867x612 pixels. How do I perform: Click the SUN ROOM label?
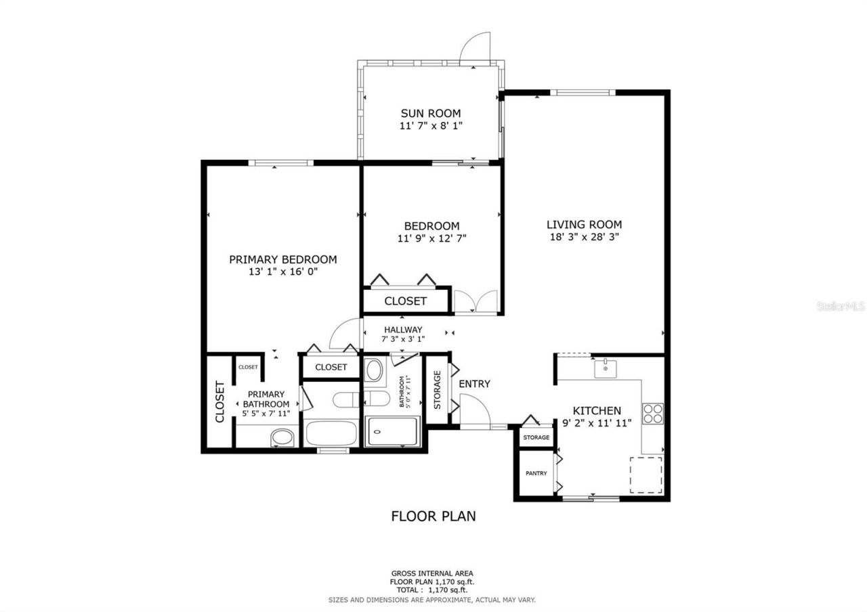point(430,113)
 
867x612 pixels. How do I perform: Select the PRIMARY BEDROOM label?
point(282,259)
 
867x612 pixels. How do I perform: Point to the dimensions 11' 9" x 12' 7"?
point(431,238)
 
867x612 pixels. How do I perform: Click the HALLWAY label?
point(403,330)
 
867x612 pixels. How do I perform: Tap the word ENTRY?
point(474,384)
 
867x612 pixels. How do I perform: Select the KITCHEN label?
point(597,411)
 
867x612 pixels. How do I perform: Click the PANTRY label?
point(536,473)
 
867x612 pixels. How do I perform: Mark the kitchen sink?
point(605,369)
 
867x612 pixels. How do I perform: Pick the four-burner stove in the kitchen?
point(652,413)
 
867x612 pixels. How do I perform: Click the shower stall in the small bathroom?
point(393,431)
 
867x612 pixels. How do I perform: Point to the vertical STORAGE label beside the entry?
point(438,389)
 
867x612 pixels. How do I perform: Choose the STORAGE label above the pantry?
point(536,438)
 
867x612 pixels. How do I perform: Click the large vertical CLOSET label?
point(219,402)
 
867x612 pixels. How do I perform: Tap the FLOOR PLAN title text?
point(433,516)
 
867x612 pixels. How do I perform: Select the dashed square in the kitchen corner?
point(646,475)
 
